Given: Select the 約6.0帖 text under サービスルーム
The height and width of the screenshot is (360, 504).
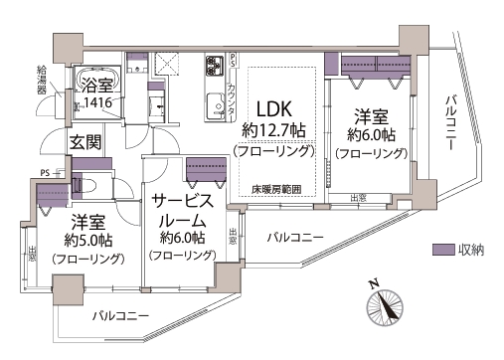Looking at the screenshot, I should point(182,238).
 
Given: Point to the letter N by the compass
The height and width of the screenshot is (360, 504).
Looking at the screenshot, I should point(375,284).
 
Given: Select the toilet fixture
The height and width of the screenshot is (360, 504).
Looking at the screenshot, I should point(82,185).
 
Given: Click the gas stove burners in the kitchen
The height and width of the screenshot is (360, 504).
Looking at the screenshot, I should point(214,66).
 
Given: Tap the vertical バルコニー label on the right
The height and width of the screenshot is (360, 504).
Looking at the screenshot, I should point(452,120).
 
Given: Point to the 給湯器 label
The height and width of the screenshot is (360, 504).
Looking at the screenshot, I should point(42,80).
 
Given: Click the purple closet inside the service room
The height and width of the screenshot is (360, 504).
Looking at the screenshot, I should point(205,165).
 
